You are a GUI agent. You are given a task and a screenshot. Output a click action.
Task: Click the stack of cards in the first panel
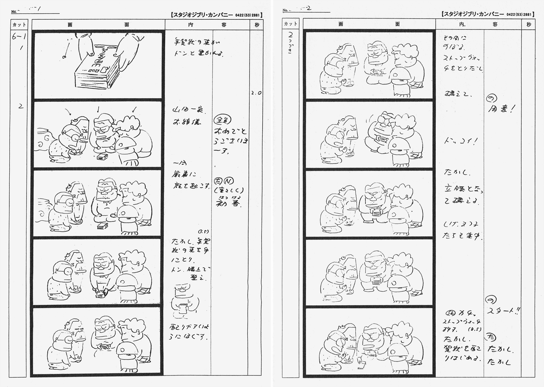[x=96, y=71]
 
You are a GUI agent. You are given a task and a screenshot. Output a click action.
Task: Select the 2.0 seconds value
[x=256, y=93]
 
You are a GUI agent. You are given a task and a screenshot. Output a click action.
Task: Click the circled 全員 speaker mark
[x=222, y=119]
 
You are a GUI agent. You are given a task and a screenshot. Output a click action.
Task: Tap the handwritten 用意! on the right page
[x=501, y=109]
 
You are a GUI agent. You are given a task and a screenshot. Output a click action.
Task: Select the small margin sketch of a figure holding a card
[x=184, y=302]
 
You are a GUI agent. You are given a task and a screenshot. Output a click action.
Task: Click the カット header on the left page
[x=19, y=25]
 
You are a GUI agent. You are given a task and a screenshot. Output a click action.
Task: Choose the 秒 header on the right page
[x=528, y=25]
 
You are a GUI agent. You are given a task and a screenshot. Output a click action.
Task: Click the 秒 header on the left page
[x=257, y=25]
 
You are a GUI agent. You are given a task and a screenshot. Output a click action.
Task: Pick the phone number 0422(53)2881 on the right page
[x=519, y=15]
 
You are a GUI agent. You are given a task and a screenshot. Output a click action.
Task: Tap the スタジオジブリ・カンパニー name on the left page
[x=202, y=15]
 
